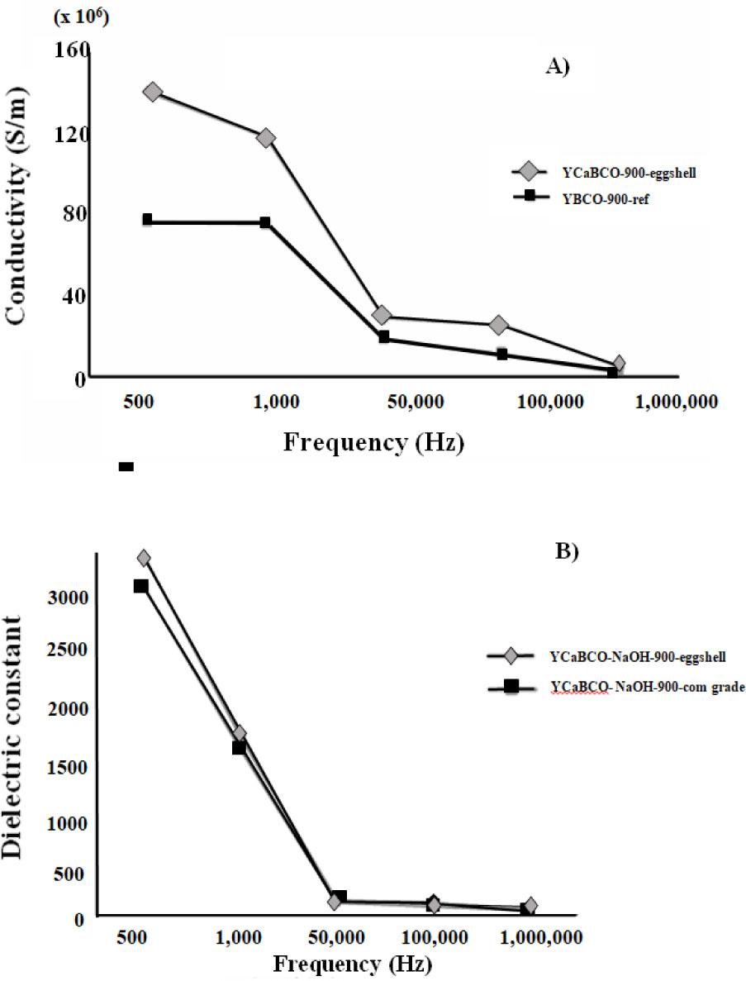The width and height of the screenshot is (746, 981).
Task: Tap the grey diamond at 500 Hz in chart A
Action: (152, 92)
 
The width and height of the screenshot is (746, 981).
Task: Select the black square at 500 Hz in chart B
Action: (141, 586)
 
